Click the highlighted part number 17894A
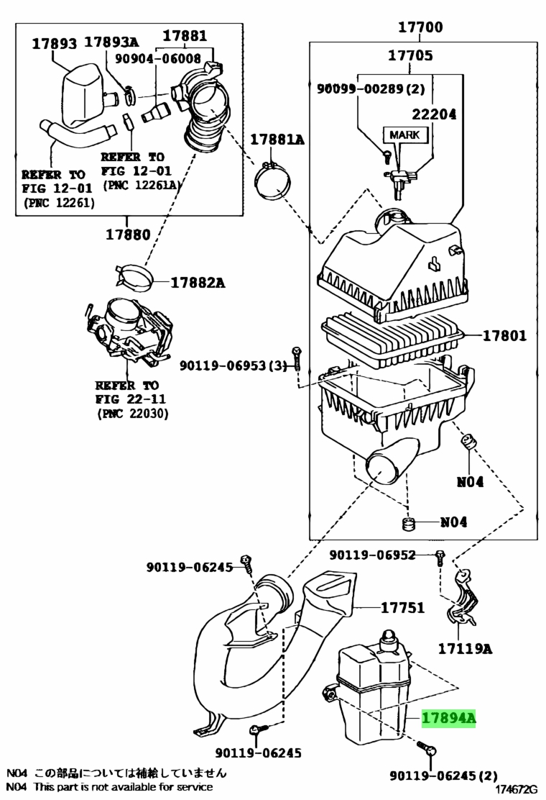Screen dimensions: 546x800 click(x=448, y=719)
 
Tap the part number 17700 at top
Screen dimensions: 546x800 click(x=420, y=27)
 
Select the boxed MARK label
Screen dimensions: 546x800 click(x=404, y=135)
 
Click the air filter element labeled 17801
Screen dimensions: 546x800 click(x=392, y=340)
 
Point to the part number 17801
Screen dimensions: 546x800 click(x=504, y=335)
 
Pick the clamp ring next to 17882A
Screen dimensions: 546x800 click(x=134, y=277)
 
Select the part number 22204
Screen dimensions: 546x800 click(x=434, y=114)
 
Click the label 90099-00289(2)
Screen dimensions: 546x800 click(x=371, y=88)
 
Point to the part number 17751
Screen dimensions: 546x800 click(x=402, y=607)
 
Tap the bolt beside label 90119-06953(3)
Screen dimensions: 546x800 click(x=297, y=358)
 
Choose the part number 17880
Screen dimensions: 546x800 click(x=128, y=235)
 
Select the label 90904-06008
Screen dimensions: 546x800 click(x=158, y=58)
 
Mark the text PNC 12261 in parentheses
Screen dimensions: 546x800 click(x=59, y=203)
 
